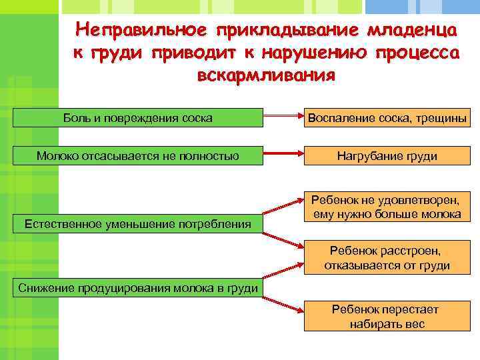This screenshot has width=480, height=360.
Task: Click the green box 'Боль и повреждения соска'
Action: click(138, 119)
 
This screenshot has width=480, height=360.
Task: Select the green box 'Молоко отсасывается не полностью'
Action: click(138, 156)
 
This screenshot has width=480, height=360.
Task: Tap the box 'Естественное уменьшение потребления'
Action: click(138, 223)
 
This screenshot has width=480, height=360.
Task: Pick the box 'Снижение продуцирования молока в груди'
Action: click(138, 287)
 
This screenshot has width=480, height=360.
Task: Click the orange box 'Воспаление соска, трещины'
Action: click(387, 119)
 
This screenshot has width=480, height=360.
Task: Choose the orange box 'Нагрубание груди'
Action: click(387, 156)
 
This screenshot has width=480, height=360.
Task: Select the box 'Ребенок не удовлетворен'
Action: click(387, 207)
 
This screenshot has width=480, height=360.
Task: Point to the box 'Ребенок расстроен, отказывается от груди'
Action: click(387, 258)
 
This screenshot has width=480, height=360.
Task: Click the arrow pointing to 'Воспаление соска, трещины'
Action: click(283, 119)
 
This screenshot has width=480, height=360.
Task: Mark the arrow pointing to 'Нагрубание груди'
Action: click(283, 156)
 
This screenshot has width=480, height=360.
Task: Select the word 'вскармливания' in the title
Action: click(266, 74)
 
